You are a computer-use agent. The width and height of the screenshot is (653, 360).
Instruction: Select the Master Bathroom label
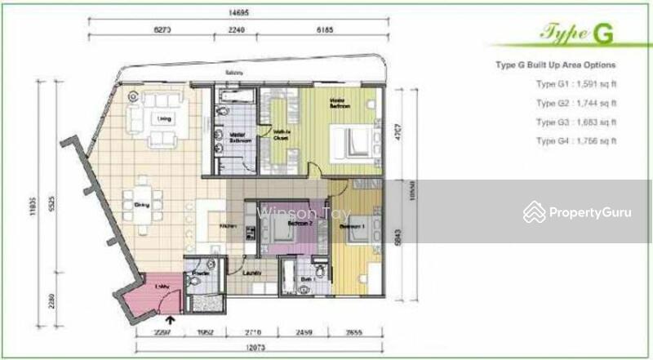coord(239,138)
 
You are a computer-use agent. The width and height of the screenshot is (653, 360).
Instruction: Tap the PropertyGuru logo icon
coord(535,211)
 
